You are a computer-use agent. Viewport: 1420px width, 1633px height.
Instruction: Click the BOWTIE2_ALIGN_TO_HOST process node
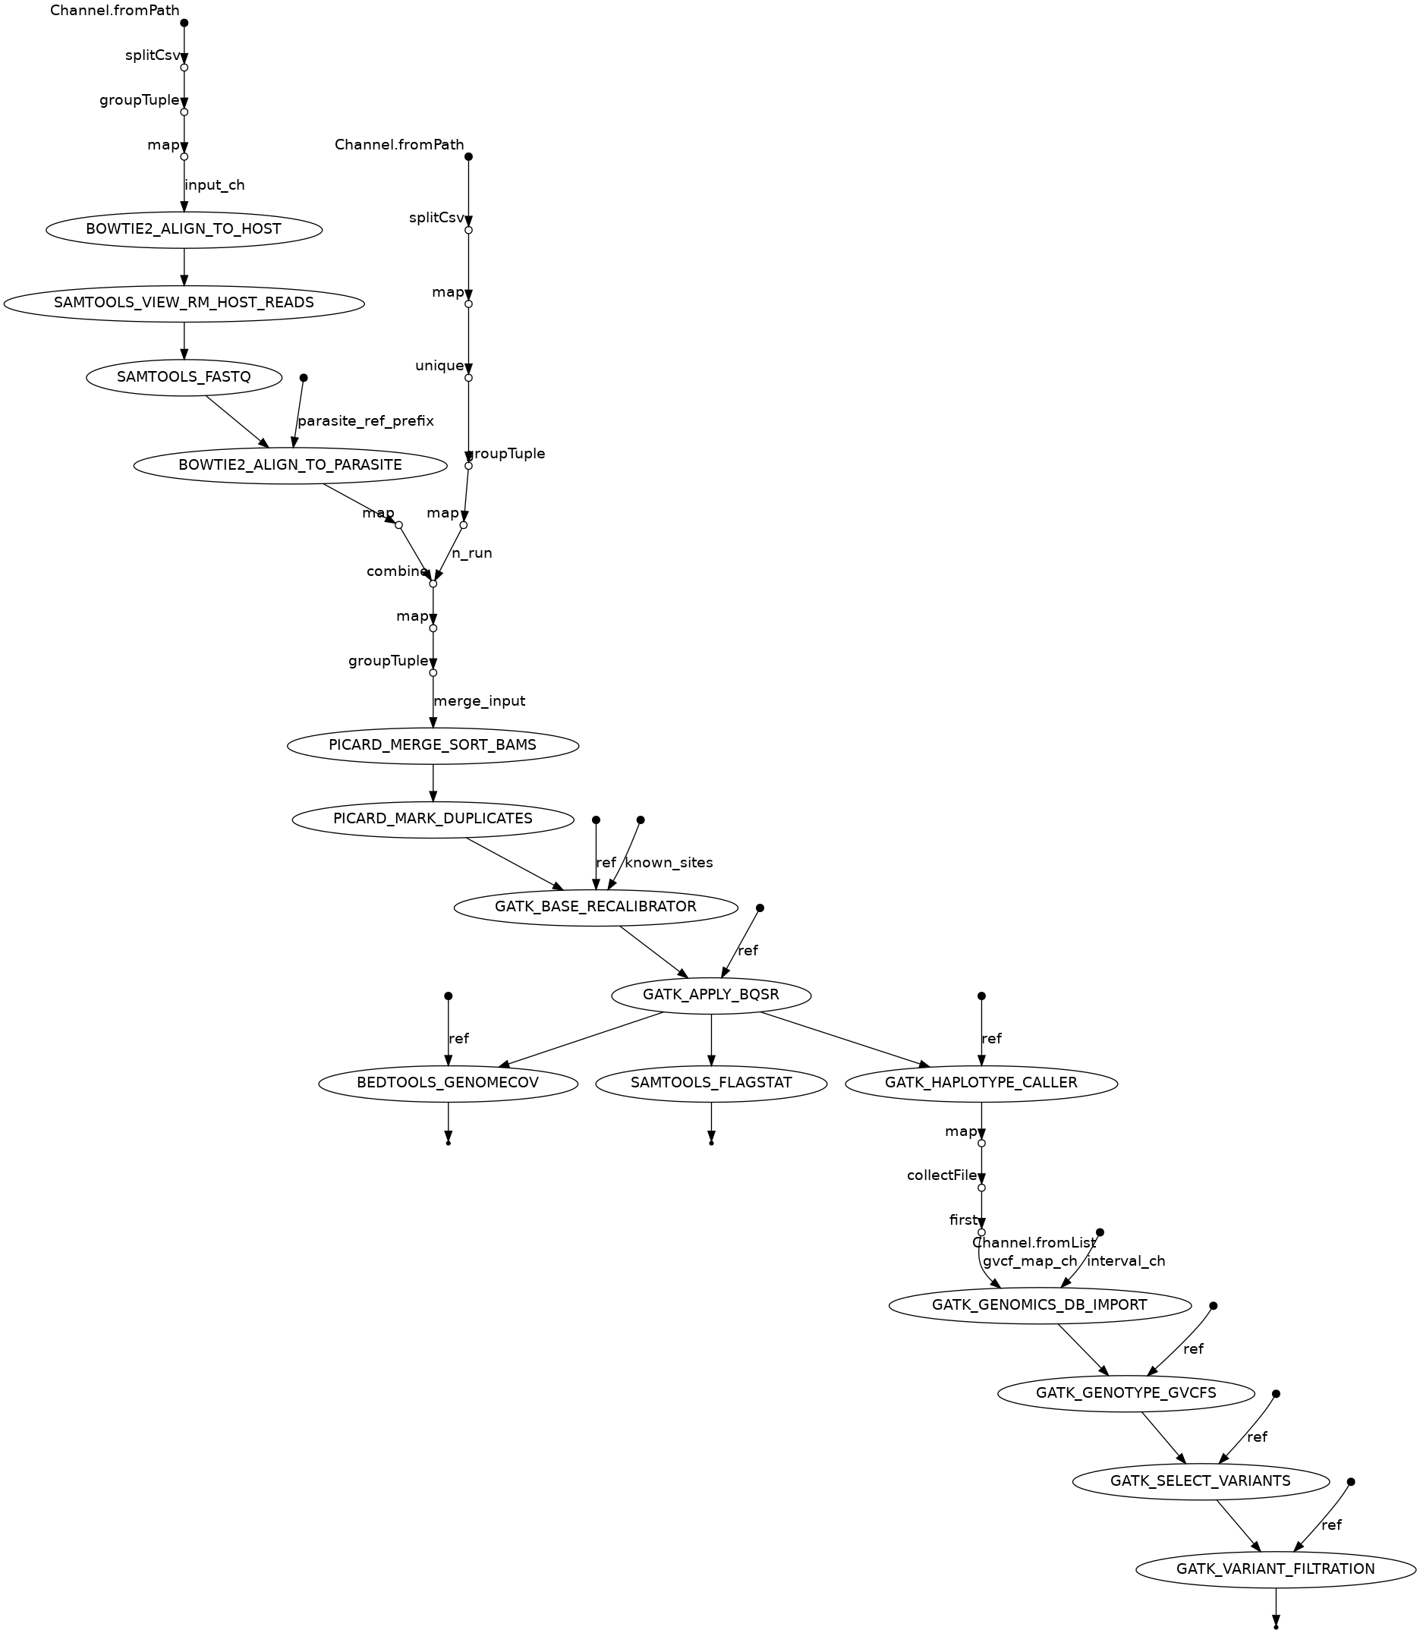184,230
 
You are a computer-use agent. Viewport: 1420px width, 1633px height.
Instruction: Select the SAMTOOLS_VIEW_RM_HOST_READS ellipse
184,303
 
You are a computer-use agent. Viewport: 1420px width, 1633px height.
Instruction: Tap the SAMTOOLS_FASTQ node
184,377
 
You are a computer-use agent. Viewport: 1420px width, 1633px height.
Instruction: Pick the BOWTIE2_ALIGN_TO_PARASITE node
290,465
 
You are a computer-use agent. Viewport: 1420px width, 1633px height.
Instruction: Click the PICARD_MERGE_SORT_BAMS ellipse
433,746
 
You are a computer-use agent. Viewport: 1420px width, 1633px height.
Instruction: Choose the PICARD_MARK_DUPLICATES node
433,819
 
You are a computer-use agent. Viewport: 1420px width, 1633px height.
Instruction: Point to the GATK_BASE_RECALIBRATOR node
595,907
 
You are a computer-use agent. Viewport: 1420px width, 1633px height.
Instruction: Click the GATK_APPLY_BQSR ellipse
711,994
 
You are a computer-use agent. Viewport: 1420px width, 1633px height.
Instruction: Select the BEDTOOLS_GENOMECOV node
448,1083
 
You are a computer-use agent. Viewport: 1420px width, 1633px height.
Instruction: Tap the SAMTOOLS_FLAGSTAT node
711,1083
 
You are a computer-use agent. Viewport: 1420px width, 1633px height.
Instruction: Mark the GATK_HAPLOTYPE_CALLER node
981,1083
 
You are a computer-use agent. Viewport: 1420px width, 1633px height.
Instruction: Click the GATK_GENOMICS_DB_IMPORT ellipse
1039,1305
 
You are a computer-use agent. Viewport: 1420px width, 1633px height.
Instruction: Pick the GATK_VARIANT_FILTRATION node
1275,1569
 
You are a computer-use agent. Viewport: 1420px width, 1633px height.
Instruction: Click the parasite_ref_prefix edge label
365,420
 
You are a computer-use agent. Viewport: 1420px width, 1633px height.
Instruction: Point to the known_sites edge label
669,863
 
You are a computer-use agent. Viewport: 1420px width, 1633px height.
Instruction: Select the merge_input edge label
480,701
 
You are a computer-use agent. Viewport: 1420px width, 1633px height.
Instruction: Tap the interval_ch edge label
1126,1261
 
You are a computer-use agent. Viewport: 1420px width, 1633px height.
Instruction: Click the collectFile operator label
941,1176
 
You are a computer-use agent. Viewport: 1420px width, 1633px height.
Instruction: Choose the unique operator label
439,366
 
